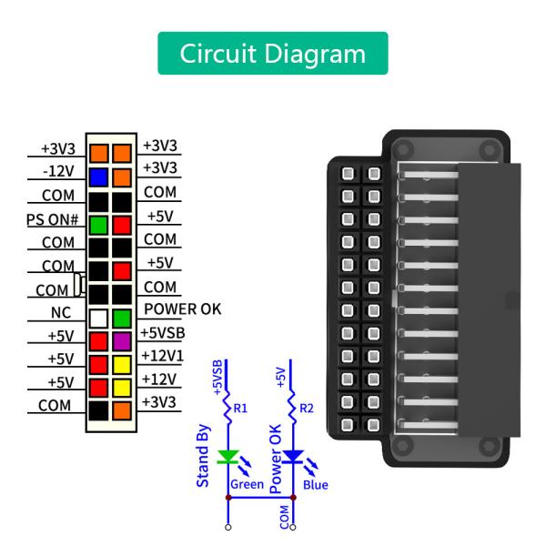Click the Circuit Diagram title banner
(x=273, y=54)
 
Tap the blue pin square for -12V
(x=98, y=177)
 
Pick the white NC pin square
(x=98, y=318)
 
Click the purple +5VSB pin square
(x=122, y=341)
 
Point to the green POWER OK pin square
(x=122, y=318)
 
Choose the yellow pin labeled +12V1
(x=122, y=364)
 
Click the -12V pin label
(x=59, y=172)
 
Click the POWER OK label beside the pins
(x=182, y=309)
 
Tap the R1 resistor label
(x=240, y=408)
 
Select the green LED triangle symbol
(x=227, y=457)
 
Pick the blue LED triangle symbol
(x=292, y=457)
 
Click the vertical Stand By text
(x=205, y=455)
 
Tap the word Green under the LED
(x=246, y=485)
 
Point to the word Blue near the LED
(x=316, y=485)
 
